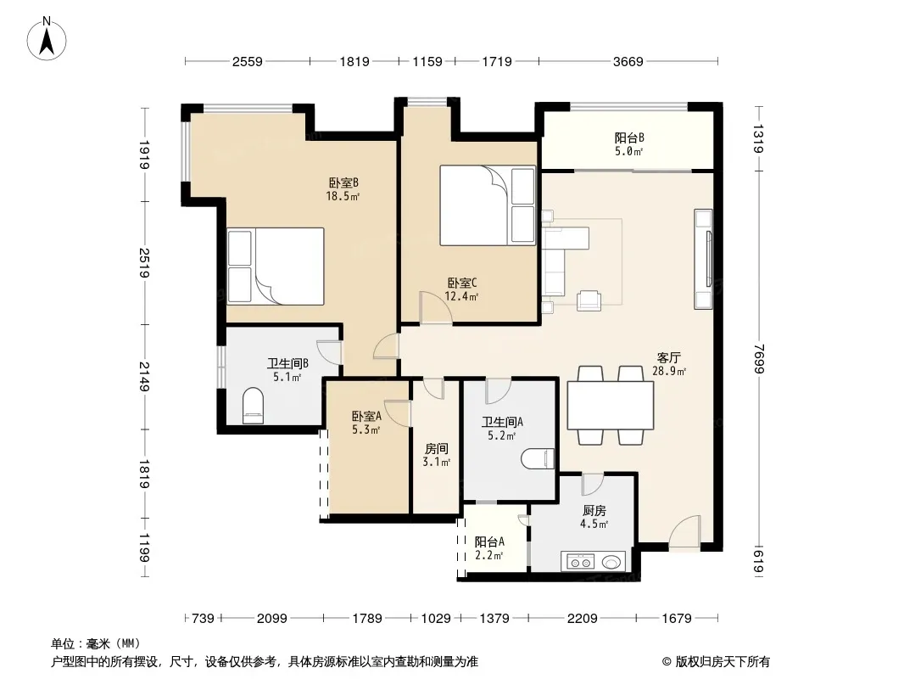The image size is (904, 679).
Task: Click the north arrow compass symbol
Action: coord(47,39)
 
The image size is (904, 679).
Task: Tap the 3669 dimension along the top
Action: coord(628,61)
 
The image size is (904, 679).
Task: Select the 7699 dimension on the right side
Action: coord(759,359)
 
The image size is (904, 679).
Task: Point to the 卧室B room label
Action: coord(343,182)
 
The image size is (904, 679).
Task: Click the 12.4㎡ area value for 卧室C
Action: coord(462,296)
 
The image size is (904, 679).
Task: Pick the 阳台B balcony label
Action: coord(629,137)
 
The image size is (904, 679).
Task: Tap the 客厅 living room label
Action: coord(669,357)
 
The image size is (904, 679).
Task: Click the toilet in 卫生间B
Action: coord(253,406)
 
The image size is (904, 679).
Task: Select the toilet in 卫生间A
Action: coord(538,459)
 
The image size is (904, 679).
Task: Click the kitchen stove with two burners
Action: coord(580,561)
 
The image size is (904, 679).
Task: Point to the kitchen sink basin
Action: coord(611,561)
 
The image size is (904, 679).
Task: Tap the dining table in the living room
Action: coord(611,405)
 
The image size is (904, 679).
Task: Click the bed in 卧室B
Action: coord(275,266)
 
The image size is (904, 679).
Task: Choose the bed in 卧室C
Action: coord(488,205)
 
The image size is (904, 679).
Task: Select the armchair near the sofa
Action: coord(589,300)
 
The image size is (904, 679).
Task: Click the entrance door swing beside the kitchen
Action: coord(684,532)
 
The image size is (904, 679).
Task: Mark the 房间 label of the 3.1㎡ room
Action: coord(437,449)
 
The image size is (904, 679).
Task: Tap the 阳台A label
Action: coord(489,542)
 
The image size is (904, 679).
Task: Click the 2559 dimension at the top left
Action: coord(248,61)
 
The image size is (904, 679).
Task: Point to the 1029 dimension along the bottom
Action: coord(436,619)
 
